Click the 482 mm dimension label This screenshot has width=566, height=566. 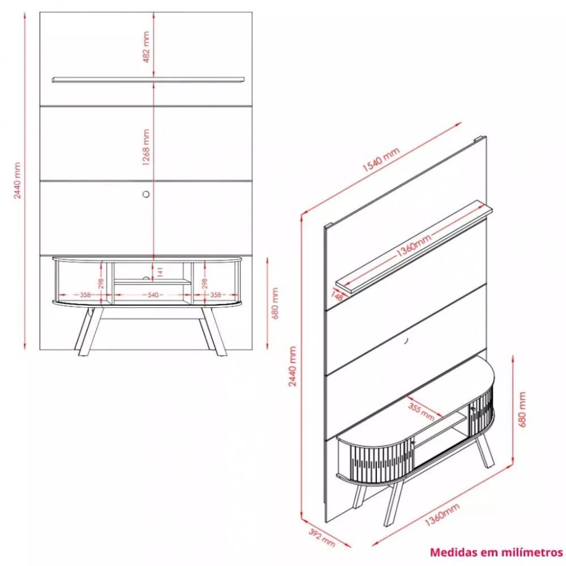pos(146,46)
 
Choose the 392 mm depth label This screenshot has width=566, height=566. pos(321,538)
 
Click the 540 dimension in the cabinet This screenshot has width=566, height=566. pos(152,295)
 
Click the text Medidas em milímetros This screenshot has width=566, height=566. pos(496,552)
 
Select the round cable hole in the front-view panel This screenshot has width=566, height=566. pos(147,194)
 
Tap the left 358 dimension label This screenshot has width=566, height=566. pos(85,295)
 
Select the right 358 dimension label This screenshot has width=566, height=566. pos(215,295)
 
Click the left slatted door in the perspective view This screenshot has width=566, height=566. pos(375,458)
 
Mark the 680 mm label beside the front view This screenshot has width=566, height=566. pos(275,304)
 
